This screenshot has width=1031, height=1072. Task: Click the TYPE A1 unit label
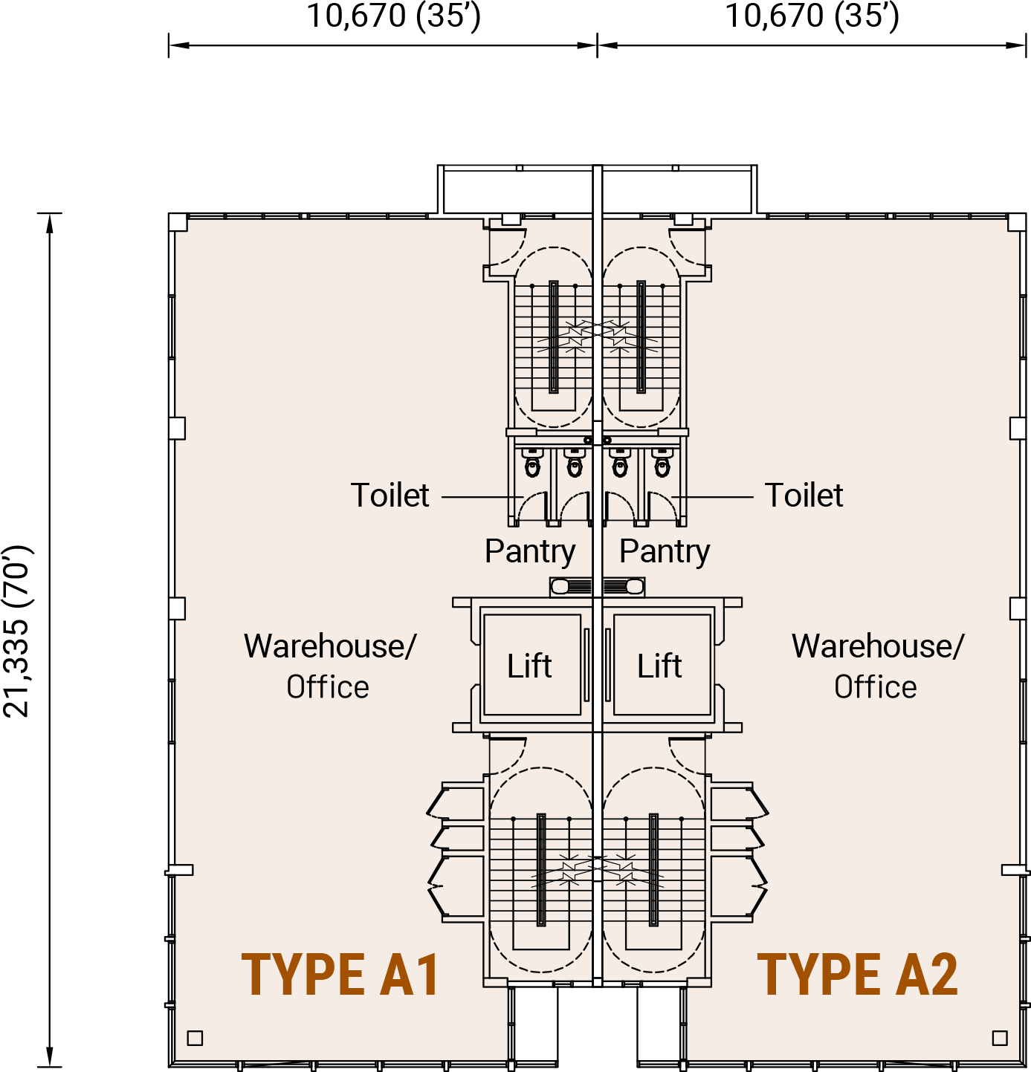coord(340,975)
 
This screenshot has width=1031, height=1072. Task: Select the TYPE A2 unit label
coord(858,975)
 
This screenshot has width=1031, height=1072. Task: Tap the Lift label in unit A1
coord(529,666)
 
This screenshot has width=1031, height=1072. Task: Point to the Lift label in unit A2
coord(659,666)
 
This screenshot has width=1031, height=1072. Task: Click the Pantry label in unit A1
coord(530,552)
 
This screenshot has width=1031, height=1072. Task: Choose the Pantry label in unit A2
coord(665,552)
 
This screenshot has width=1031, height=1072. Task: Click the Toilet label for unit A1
coord(390,495)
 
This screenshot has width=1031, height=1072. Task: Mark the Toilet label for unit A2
coord(804,495)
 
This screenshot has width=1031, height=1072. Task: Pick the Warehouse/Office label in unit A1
coord(329,666)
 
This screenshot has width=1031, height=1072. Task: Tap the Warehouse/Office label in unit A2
coord(877,666)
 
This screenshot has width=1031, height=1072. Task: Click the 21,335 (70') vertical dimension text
coord(18,631)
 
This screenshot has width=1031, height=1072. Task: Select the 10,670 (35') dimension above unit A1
coord(394,16)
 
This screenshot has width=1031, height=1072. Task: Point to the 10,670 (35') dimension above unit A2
coord(812,16)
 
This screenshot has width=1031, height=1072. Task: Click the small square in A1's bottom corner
coord(195,1038)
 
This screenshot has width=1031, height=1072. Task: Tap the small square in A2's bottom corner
coord(1000,1038)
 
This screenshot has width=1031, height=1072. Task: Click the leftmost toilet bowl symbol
coord(532,463)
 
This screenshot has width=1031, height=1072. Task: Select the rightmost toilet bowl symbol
coord(662,463)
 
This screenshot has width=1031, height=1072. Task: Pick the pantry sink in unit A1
coord(571,587)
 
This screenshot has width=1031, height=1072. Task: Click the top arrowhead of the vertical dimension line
coord(50,223)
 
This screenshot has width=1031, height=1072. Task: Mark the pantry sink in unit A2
coord(624,587)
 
